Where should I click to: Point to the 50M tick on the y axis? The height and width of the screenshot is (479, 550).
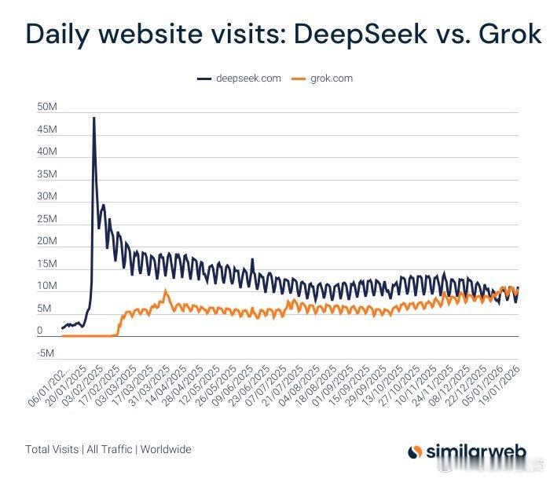[46, 106]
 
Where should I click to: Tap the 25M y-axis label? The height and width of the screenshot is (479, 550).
[46, 218]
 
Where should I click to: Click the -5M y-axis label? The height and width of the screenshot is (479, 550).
[46, 353]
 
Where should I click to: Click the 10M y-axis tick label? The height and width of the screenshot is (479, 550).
[46, 286]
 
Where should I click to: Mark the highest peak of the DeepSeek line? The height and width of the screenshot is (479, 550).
[94, 118]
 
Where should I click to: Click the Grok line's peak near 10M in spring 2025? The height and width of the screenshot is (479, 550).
[165, 291]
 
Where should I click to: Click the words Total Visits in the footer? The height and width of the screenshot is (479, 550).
[51, 450]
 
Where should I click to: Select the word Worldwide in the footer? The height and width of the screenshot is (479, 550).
[165, 450]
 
